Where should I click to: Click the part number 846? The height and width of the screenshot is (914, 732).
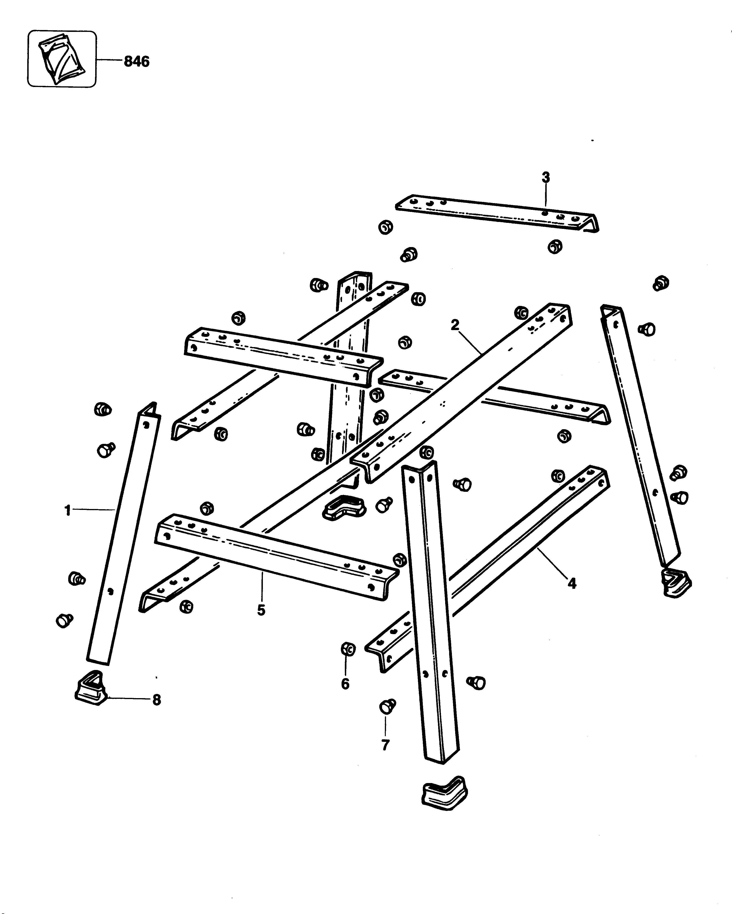coord(137,62)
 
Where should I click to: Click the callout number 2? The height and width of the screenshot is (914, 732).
coord(455,325)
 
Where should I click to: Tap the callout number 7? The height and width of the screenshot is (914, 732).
coord(385,745)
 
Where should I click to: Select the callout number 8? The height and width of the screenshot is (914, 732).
coord(157,700)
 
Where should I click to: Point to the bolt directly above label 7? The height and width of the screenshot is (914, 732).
coord(386,707)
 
